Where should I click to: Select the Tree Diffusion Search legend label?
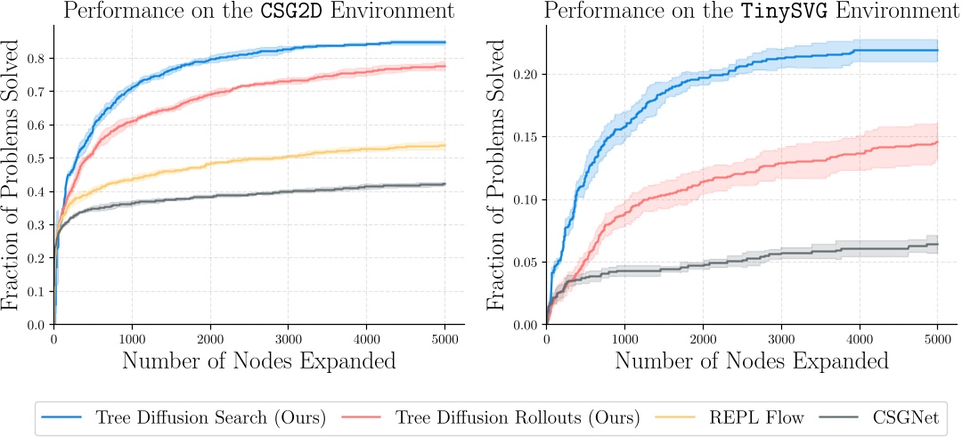[x=211, y=417]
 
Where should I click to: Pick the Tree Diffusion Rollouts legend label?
[x=518, y=417]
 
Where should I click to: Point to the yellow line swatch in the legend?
[x=679, y=417]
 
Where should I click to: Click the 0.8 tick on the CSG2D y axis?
[x=38, y=58]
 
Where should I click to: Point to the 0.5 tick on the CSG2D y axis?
[x=38, y=158]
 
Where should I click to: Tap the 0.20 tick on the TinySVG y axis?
[x=526, y=75]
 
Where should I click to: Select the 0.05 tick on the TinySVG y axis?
[x=526, y=263]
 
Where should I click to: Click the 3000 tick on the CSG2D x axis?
[x=289, y=338]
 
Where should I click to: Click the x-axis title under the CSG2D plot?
[x=258, y=361]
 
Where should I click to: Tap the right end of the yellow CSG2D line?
[x=444, y=145]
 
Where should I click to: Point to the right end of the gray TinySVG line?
[x=937, y=244]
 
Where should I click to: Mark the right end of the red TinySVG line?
[x=937, y=142]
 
